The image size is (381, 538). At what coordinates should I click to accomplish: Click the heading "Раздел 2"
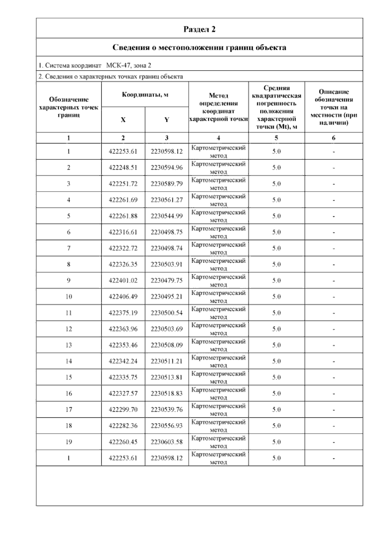click(x=199, y=29)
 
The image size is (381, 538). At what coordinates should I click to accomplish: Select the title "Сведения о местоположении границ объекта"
click(x=199, y=48)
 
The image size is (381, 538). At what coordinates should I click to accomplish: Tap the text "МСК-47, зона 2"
click(x=129, y=66)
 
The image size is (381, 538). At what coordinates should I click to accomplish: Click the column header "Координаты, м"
click(x=145, y=95)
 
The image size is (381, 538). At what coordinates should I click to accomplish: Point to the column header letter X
click(x=123, y=120)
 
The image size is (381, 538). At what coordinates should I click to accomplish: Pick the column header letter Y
click(x=167, y=120)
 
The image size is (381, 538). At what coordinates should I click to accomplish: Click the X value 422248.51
click(x=123, y=167)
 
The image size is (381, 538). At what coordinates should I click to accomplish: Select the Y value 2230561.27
click(x=167, y=200)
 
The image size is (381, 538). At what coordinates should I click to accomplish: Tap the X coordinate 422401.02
click(x=123, y=280)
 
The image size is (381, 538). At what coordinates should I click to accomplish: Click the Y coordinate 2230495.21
click(x=167, y=297)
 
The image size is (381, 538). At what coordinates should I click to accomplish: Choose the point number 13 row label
click(x=69, y=345)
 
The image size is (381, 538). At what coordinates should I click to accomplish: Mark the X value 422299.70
click(x=123, y=410)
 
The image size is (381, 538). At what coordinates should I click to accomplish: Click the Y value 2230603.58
click(x=167, y=442)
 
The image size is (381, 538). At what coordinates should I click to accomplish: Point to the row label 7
click(x=69, y=248)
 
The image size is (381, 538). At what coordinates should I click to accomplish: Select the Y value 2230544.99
click(x=167, y=216)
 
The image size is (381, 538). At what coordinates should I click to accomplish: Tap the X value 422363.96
click(x=123, y=329)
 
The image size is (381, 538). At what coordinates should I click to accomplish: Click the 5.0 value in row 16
click(x=276, y=393)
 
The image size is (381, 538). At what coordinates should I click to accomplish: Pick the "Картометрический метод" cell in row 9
click(x=218, y=280)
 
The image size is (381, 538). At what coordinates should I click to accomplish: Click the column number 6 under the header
click(x=333, y=138)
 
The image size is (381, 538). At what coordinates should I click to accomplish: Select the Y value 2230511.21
click(x=167, y=361)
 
